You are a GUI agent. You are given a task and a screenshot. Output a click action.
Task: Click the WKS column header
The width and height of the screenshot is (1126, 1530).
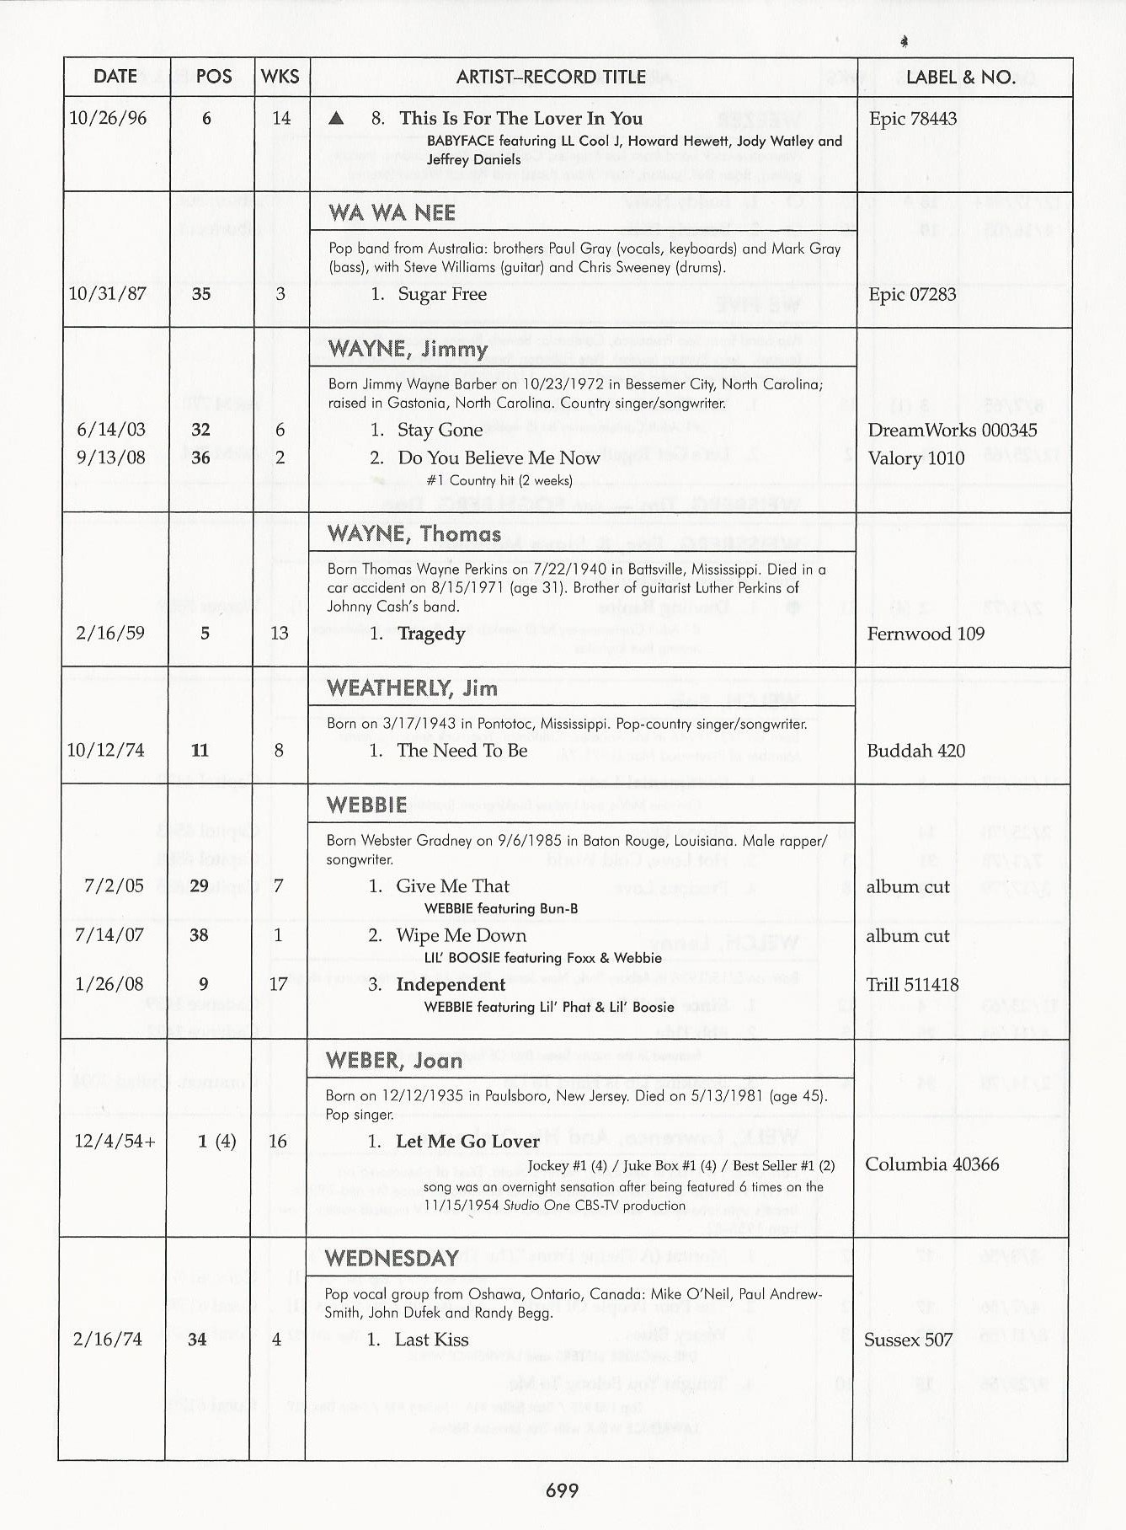[x=280, y=77]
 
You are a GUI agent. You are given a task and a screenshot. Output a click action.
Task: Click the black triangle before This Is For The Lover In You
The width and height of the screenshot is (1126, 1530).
[x=336, y=119]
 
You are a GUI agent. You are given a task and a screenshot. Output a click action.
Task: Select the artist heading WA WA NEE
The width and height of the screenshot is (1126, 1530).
[x=392, y=213]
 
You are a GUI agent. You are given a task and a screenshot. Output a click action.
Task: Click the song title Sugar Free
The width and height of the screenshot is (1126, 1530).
[x=442, y=294]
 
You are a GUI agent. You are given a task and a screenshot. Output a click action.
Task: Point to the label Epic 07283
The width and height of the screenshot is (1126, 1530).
[x=912, y=294]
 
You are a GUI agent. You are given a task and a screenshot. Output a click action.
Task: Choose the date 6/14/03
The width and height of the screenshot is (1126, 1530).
[x=110, y=430]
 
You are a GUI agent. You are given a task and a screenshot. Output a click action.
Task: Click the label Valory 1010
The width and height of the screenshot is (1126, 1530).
[x=916, y=458]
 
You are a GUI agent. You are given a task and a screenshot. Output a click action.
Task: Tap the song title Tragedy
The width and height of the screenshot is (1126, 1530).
[x=431, y=634]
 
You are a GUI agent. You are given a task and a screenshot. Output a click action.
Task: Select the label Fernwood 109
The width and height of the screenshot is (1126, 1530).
[x=926, y=634]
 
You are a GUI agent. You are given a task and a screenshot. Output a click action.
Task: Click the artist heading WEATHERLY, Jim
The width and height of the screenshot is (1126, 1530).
[x=412, y=688]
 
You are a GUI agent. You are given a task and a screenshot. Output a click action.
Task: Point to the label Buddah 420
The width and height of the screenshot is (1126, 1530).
[x=915, y=751]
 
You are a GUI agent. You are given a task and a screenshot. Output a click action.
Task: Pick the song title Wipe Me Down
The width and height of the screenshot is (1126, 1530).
[x=461, y=935]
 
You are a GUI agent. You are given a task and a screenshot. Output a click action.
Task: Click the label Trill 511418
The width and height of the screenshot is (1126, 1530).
[x=912, y=984]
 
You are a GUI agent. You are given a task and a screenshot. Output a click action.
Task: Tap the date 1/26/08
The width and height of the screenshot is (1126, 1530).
[x=109, y=984]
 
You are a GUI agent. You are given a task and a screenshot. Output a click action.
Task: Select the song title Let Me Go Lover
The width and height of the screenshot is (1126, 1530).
[x=467, y=1142]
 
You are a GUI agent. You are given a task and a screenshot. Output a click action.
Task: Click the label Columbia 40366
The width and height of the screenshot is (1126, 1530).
[x=931, y=1164]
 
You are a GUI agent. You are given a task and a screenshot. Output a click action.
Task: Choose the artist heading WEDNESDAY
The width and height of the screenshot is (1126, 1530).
[x=392, y=1259]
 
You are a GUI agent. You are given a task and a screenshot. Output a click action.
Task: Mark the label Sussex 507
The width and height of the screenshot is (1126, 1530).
[x=908, y=1340]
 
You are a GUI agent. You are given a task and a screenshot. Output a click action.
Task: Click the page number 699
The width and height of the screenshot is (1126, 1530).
[x=562, y=1490]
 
